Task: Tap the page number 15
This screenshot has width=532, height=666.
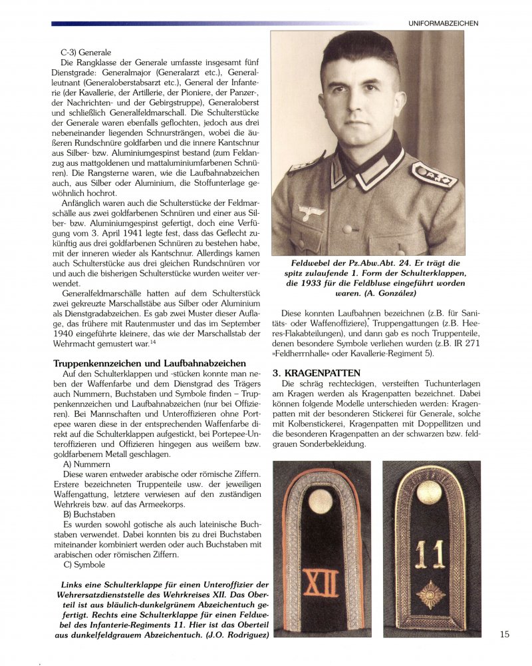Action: pos(505,634)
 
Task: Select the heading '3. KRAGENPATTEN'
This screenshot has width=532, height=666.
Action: pos(317,373)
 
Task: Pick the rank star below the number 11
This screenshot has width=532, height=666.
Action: pos(430,594)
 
